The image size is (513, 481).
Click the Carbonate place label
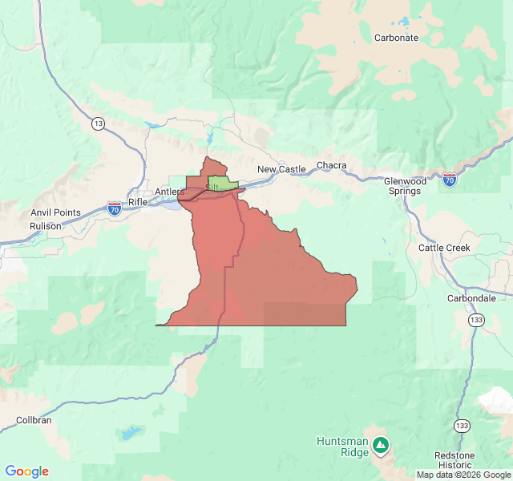(x=396, y=38)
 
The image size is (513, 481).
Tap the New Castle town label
(x=281, y=169)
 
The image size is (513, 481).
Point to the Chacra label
(x=331, y=166)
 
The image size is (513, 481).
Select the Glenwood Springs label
(x=406, y=186)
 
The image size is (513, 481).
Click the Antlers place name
(x=169, y=192)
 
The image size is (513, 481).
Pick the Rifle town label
(x=138, y=202)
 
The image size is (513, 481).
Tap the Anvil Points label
(x=55, y=212)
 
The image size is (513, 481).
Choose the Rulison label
(x=46, y=226)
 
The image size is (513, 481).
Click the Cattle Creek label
(x=444, y=248)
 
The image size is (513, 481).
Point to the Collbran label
(x=34, y=420)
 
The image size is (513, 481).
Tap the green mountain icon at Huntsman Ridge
(x=381, y=443)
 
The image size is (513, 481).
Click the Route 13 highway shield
(x=98, y=123)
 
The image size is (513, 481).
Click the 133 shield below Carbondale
(x=477, y=320)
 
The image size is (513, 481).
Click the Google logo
(x=27, y=471)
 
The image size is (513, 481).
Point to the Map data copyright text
(x=463, y=475)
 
